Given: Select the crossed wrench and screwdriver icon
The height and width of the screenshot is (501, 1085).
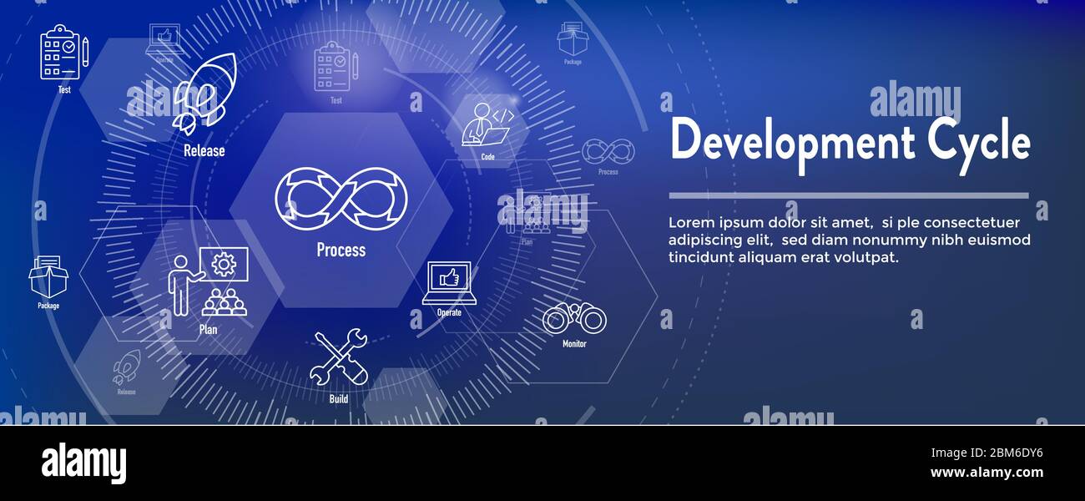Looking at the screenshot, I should (338, 357).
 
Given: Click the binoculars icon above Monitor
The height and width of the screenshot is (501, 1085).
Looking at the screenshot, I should (574, 318).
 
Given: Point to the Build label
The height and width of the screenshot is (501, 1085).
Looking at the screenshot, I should (338, 399).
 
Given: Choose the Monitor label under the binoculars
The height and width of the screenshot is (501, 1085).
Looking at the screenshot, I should (574, 344).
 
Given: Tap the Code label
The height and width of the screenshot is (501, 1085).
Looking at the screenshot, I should (488, 156).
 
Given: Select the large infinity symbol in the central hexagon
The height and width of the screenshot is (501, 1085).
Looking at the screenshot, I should (341, 199).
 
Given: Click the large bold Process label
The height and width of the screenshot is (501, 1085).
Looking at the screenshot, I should (341, 250).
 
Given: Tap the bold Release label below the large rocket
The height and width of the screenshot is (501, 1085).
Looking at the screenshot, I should (204, 151).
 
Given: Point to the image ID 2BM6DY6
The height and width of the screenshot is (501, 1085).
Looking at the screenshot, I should (1002, 453).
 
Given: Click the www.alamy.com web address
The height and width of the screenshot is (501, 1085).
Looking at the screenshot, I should (987, 473).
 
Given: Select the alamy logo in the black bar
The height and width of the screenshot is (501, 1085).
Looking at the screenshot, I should (83, 463).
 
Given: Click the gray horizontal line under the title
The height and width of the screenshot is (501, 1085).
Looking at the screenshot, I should (848, 195).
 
